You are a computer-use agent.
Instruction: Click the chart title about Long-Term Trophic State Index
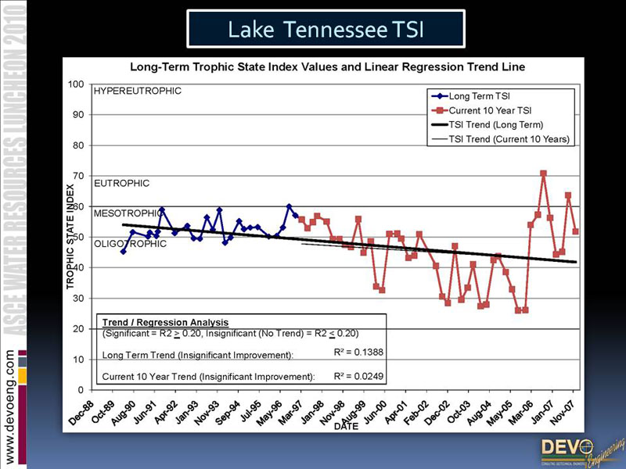(327, 67)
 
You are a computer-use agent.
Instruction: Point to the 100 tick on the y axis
(77, 84)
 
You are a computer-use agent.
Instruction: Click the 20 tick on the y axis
(79, 329)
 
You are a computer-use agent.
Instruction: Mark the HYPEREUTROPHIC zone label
(137, 91)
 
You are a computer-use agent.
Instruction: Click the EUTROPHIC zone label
(121, 184)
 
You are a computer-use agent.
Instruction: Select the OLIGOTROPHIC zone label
(130, 244)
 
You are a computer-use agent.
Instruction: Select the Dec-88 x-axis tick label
(81, 412)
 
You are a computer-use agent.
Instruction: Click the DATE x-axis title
(345, 427)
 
